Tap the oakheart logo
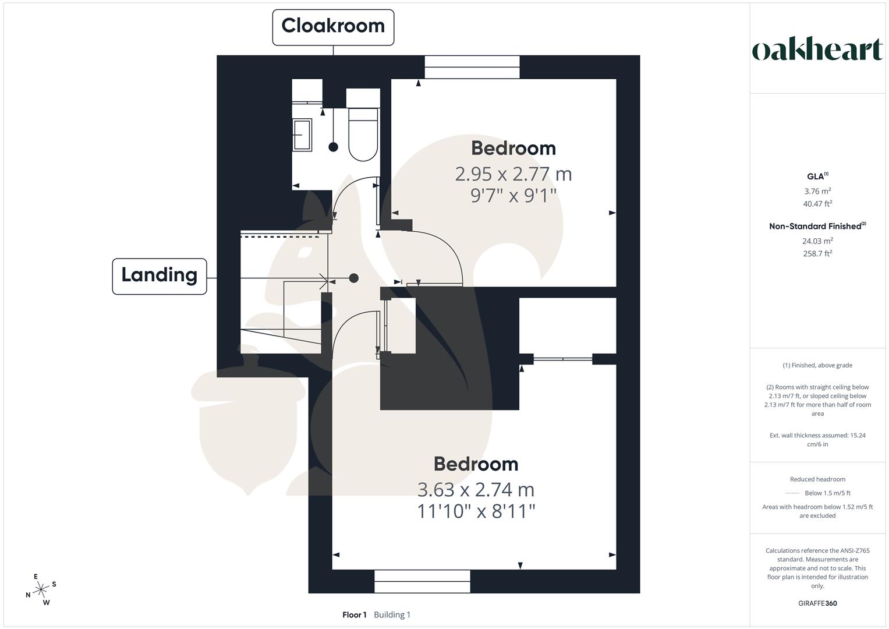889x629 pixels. [x=817, y=50]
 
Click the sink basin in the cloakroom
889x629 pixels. [x=302, y=135]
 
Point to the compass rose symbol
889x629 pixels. [x=41, y=590]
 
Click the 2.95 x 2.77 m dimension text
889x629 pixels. [x=513, y=174]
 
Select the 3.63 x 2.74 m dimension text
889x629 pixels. [x=476, y=490]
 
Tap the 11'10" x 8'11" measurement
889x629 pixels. [x=476, y=511]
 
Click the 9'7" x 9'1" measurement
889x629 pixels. [x=513, y=196]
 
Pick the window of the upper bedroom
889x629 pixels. [x=472, y=67]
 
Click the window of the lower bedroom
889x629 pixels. [x=422, y=581]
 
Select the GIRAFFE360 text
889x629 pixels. [x=817, y=603]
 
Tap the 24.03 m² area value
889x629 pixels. [x=817, y=241]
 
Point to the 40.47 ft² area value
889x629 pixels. [x=817, y=204]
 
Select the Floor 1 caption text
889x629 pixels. [x=354, y=615]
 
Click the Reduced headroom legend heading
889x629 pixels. [x=817, y=479]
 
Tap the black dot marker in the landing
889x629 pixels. [x=353, y=278]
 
